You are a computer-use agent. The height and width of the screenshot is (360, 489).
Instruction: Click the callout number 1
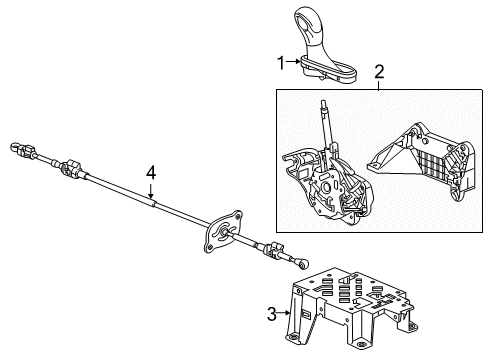pos(282,63)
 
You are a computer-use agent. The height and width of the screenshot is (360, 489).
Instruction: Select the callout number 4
pos(151,175)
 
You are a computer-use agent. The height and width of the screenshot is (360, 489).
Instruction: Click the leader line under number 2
pos(379,84)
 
